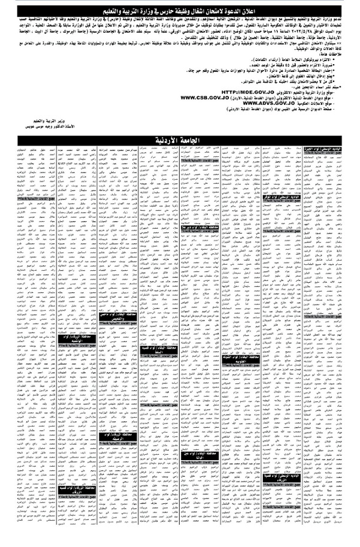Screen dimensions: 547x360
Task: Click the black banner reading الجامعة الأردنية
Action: [x=180, y=140]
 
